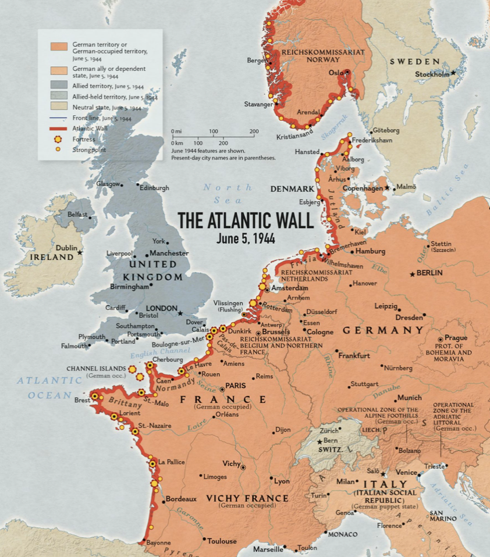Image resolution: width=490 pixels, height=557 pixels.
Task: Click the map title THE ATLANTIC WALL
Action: point(245,220)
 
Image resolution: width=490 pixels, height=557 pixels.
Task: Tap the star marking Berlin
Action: point(412,273)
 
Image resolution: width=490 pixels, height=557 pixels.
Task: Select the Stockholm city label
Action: point(432,74)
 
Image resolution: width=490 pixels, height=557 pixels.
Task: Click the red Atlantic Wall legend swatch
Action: point(59,128)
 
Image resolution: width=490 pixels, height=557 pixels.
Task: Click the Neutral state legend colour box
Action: point(59,106)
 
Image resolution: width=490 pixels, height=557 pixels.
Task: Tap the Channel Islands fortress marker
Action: point(132,369)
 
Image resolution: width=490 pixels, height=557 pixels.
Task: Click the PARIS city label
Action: point(235,385)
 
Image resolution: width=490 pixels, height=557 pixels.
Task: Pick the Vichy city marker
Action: point(243,466)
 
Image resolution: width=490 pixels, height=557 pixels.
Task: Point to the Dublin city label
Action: point(66,248)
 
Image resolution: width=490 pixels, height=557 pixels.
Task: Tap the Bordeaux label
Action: point(181,499)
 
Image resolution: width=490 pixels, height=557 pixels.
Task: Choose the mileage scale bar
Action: point(213,137)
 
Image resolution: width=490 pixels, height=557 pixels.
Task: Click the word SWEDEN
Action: point(414,62)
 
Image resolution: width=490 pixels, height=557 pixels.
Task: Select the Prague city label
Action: point(456,338)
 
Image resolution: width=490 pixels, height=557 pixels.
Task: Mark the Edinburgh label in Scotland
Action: point(155,188)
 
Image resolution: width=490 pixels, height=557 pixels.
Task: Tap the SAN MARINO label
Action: point(443,515)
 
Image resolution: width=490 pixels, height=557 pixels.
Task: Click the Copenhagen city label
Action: point(361,188)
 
